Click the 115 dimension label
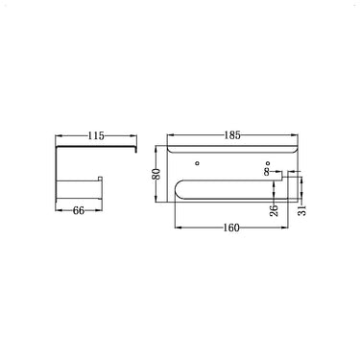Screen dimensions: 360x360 (x=94, y=136)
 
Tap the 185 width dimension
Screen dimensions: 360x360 (x=232, y=136)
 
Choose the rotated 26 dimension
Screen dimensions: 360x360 (x=274, y=209)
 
